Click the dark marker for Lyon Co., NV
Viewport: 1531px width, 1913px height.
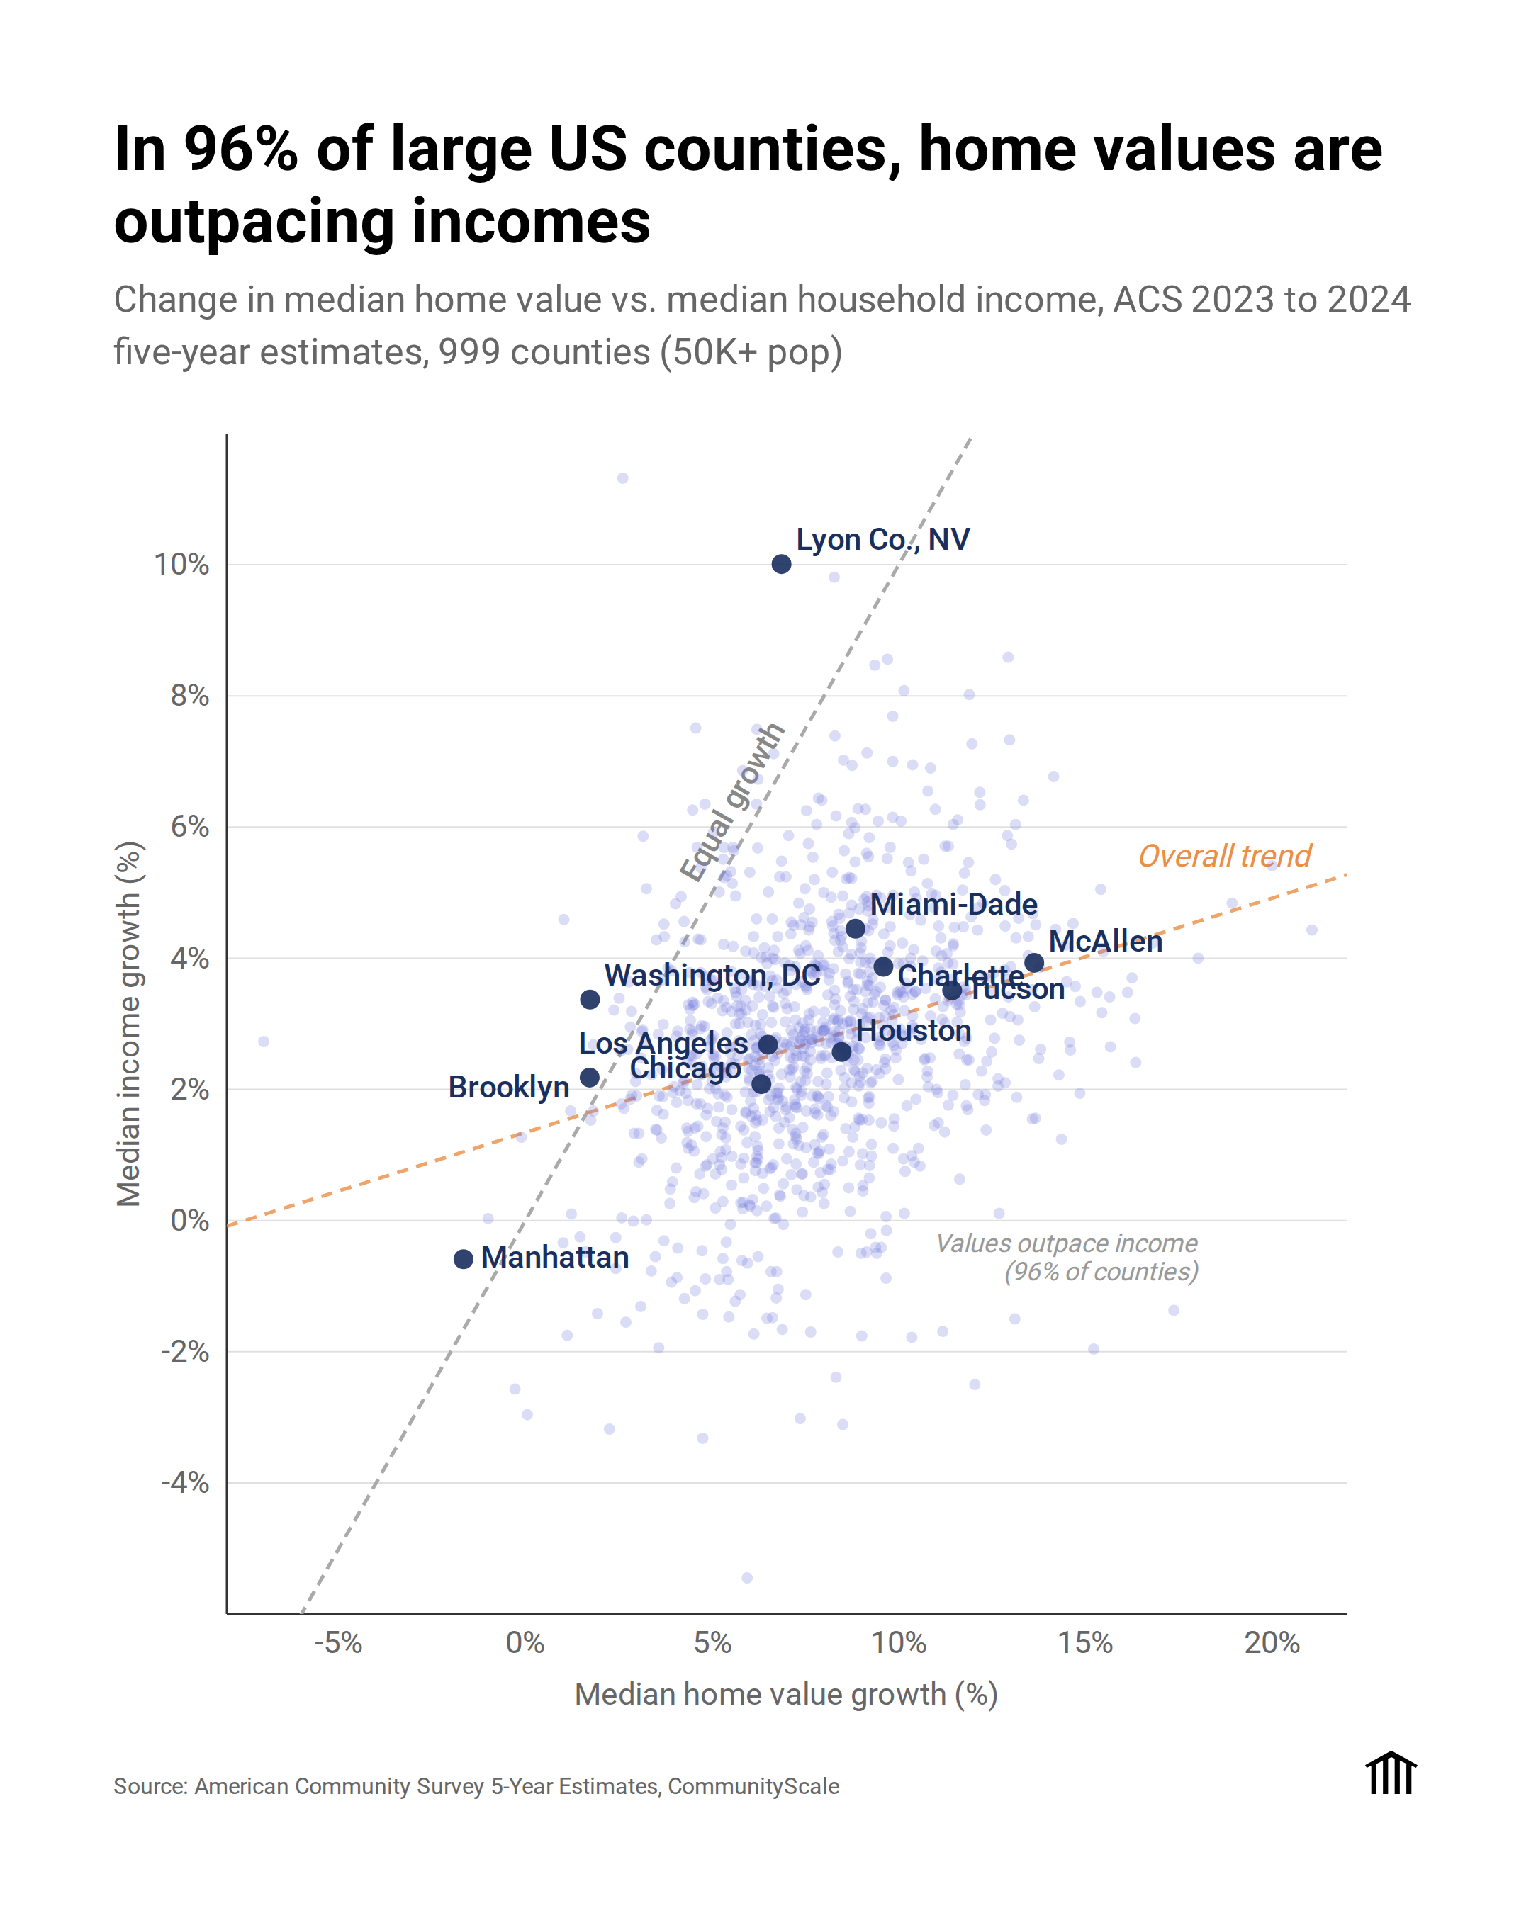coord(781,564)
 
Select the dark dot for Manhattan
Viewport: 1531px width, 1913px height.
coord(464,1259)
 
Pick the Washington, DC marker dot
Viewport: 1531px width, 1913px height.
coord(589,1000)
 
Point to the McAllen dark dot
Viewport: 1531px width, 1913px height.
coord(1034,963)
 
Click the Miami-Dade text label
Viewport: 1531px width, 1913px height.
coord(953,904)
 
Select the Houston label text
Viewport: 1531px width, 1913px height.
coord(913,1030)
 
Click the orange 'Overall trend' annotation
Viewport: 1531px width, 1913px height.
coord(1224,856)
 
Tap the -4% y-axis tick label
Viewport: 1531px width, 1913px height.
coord(184,1483)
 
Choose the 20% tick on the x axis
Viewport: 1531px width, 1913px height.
coord(1271,1642)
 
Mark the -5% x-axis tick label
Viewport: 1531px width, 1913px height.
coord(338,1642)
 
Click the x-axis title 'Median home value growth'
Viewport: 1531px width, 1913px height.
coord(786,1694)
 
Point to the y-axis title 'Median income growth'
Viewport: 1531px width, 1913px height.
coord(129,1024)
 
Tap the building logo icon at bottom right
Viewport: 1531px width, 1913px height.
coord(1390,1775)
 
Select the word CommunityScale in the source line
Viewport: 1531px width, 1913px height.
coord(753,1786)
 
